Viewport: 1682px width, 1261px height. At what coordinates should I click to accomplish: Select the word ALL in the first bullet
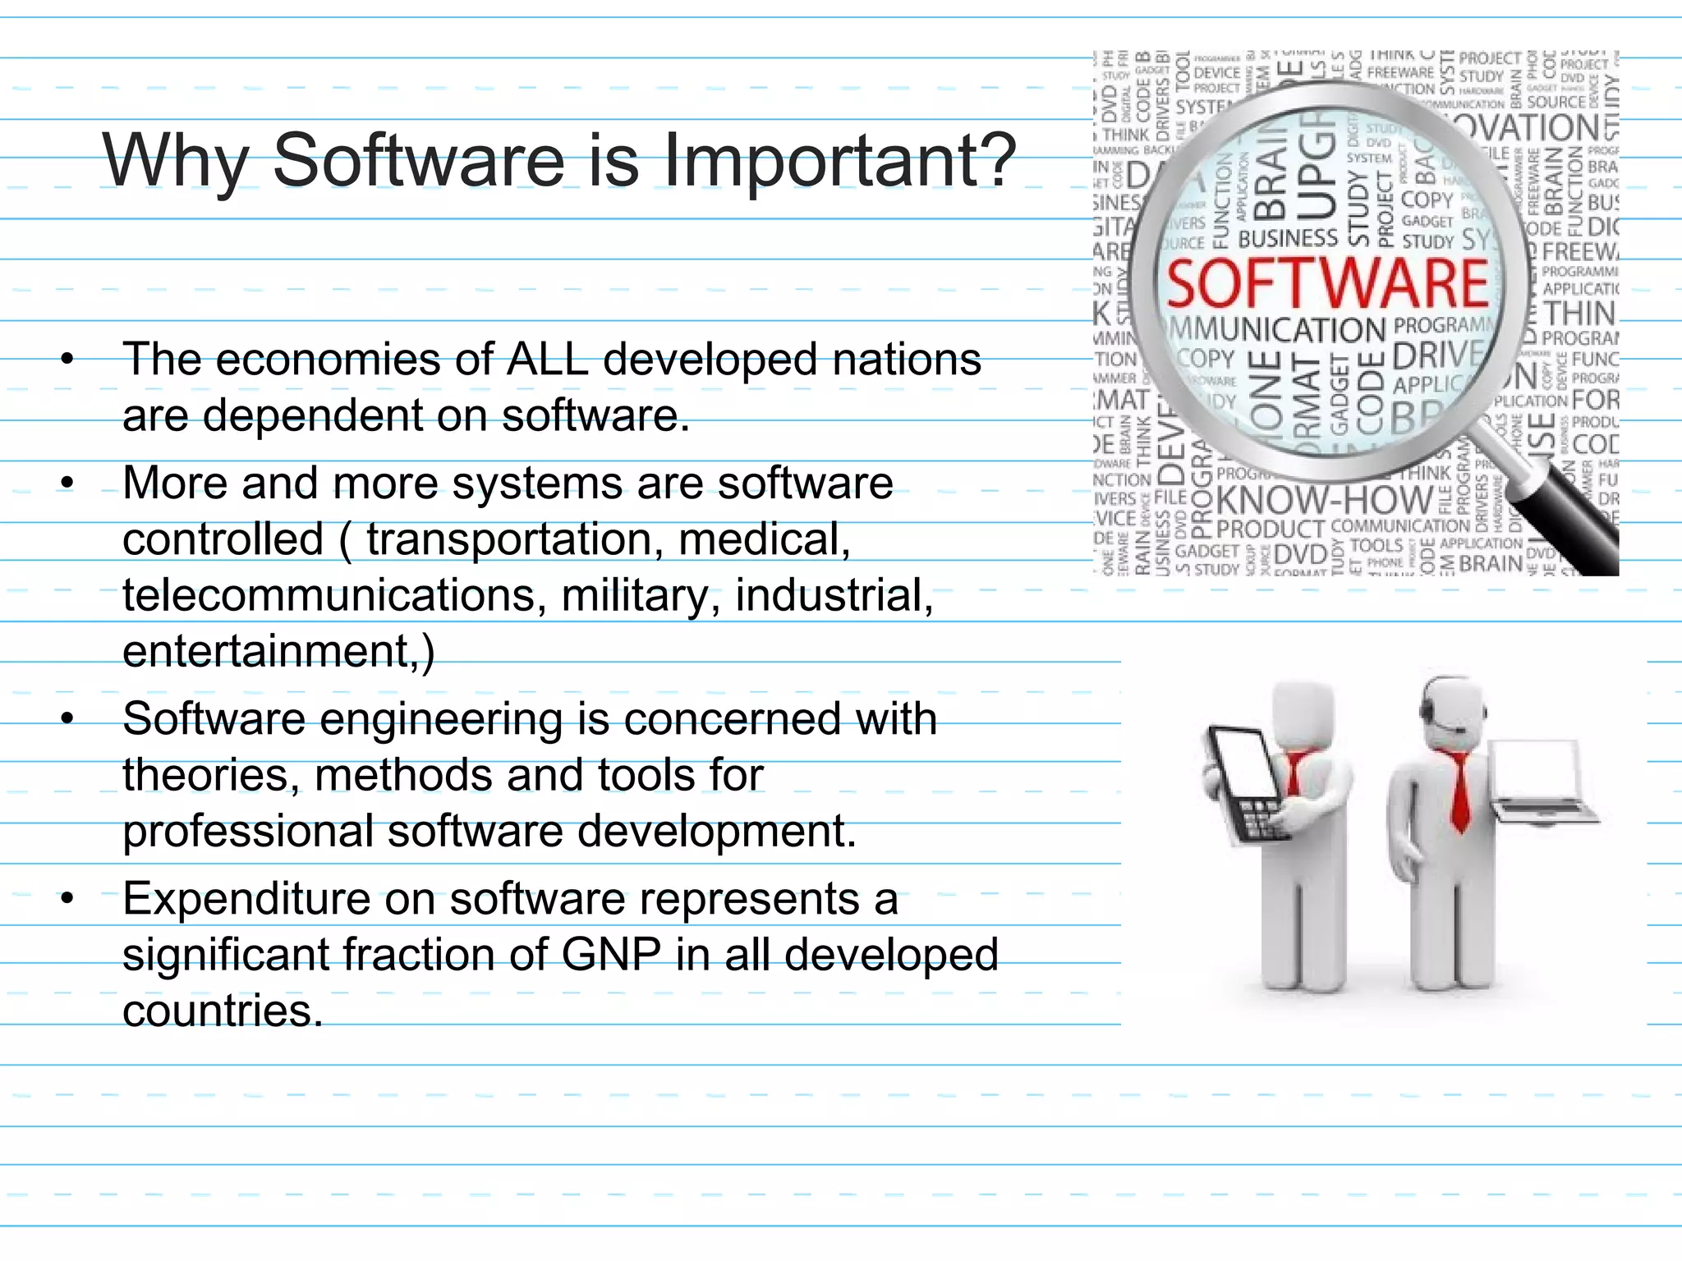[547, 360]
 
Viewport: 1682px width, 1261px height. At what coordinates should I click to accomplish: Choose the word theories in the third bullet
[211, 775]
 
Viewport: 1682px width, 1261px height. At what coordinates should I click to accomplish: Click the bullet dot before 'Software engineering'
[67, 720]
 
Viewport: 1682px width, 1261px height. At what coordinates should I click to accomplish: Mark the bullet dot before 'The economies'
[67, 360]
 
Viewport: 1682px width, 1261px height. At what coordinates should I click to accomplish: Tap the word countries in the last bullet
[223, 1011]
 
